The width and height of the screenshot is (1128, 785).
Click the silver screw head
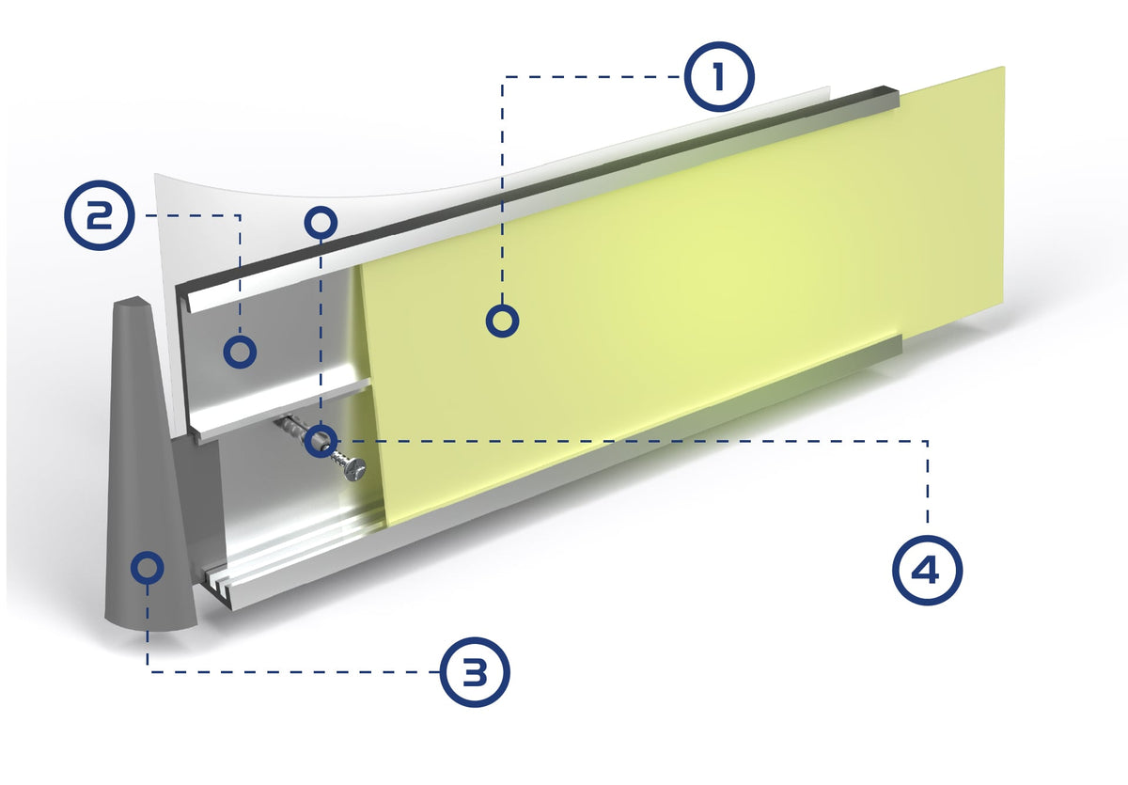point(355,469)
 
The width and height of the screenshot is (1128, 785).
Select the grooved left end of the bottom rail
point(220,583)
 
